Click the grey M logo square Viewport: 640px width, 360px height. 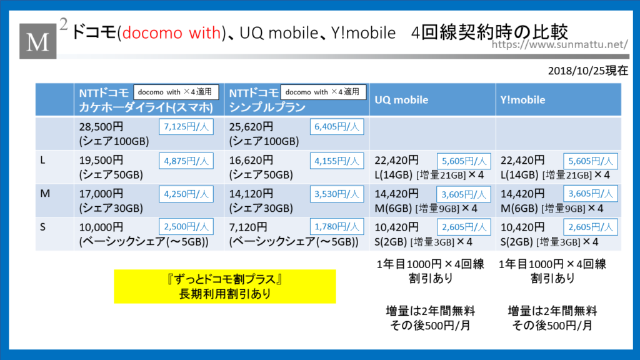38,41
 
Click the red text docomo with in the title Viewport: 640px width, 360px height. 171,32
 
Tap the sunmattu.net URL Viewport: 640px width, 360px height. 559,44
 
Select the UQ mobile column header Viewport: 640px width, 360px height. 401,100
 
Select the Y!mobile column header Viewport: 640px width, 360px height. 523,100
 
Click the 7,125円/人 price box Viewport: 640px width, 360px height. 186,127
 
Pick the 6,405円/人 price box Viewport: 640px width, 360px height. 337,127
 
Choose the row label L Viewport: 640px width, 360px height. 42,161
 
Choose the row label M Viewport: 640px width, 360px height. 44,194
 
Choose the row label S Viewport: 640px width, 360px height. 42,227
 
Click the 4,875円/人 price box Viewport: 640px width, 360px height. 186,161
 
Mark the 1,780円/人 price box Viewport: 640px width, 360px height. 337,227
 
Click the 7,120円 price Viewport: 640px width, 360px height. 248,227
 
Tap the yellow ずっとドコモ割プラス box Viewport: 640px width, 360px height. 225,286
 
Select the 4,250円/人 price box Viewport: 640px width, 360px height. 186,194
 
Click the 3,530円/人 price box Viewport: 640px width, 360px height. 337,194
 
